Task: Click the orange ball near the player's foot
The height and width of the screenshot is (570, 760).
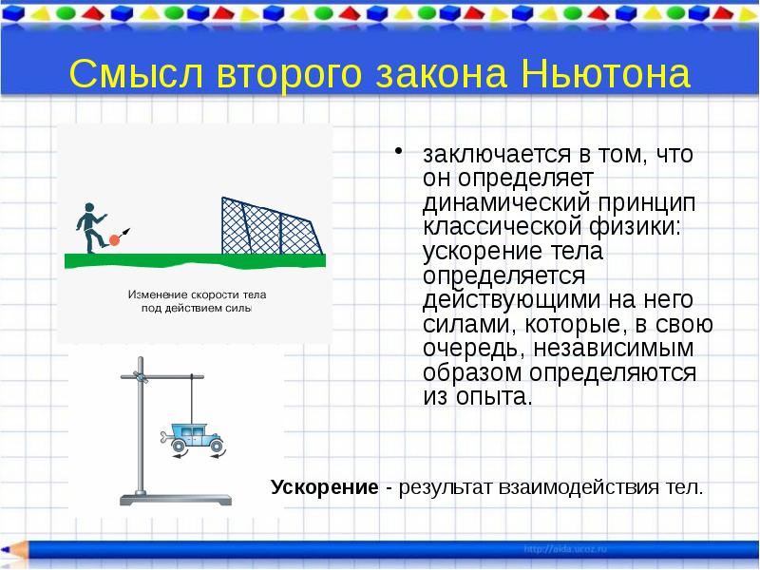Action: tap(115, 239)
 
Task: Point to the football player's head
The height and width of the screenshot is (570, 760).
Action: tap(88, 208)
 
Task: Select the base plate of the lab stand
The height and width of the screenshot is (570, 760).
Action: tap(175, 501)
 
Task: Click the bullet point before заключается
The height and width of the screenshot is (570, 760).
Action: tap(400, 151)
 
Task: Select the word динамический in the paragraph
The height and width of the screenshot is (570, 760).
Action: tap(492, 202)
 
